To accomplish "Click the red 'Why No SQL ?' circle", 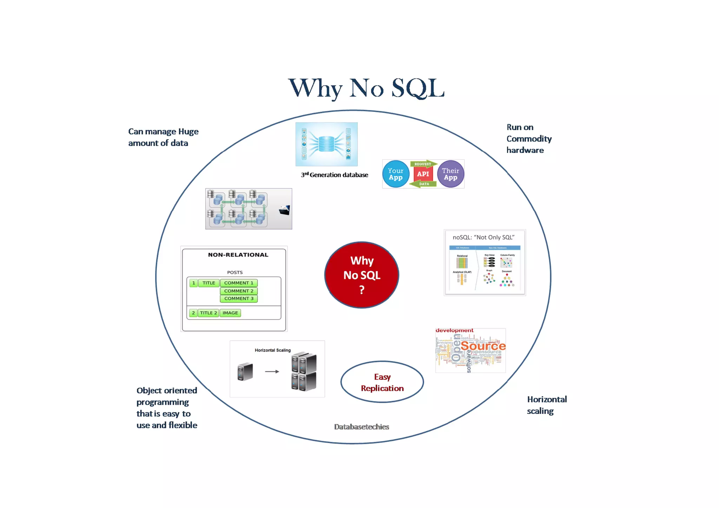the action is [362, 275].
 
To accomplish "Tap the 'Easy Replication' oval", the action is [382, 382].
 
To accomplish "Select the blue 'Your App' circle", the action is [396, 174].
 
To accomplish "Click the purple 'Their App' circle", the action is [450, 174].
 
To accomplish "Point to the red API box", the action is [423, 174].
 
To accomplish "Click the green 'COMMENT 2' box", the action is [239, 291].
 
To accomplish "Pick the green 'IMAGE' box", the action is [230, 313].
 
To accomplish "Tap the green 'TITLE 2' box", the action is [208, 313].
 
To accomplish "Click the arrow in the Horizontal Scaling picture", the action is [272, 371].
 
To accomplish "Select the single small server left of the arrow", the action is [245, 372].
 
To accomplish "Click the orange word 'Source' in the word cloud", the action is [483, 346].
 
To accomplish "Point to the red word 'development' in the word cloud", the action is [454, 330].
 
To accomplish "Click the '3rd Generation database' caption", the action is [334, 175].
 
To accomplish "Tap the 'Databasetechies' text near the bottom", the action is [362, 427].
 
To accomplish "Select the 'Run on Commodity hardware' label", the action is [529, 139].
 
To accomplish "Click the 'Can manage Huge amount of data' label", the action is [163, 137].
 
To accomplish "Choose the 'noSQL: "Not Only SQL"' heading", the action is [483, 237].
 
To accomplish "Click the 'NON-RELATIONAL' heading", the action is [238, 255].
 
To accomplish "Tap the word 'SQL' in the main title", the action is [418, 88].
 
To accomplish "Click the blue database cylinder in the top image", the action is [326, 144].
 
